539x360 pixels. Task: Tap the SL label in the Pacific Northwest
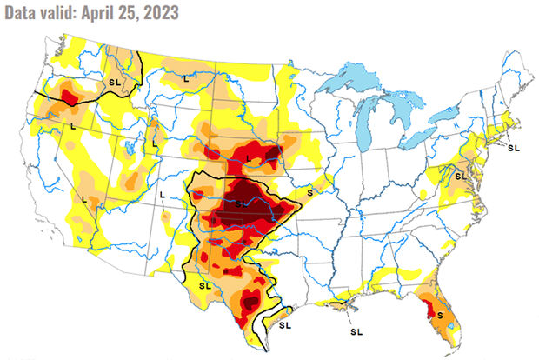114,81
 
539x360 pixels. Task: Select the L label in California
83,199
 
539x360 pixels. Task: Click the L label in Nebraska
249,157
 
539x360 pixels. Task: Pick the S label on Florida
439,313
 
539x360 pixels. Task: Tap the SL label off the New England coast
513,148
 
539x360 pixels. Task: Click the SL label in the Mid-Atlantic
460,177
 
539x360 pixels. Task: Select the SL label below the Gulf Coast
356,331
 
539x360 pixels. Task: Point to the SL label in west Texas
205,284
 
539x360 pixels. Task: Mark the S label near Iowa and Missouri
310,190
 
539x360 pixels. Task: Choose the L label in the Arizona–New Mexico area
163,193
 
